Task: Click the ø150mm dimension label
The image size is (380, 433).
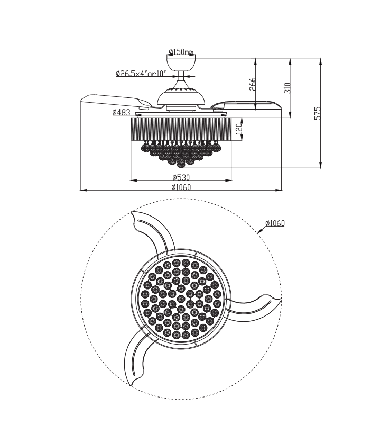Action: (181, 52)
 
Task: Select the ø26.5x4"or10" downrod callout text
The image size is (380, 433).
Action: (141, 74)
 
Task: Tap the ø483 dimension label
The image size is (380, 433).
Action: (121, 112)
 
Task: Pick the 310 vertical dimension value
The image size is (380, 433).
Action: (288, 88)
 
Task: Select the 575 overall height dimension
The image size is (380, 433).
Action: (318, 114)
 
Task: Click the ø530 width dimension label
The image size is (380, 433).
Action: (181, 177)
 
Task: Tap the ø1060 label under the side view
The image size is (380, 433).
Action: (181, 186)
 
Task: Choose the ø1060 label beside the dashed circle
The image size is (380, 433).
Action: (275, 223)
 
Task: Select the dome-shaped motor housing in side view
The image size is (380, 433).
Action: (181, 97)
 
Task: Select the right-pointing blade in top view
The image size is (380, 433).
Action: (259, 306)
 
